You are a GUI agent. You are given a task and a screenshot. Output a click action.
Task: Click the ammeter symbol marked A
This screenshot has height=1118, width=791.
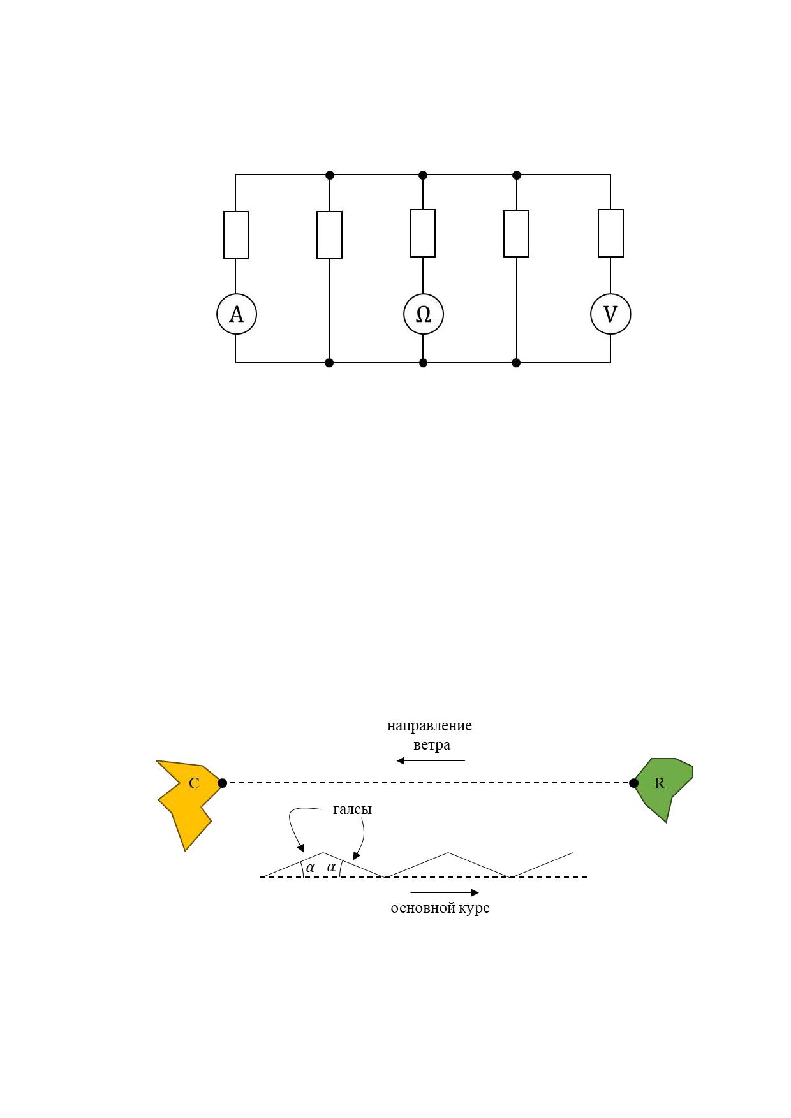point(236,314)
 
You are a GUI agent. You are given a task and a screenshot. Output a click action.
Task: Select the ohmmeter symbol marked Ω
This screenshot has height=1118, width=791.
point(423,314)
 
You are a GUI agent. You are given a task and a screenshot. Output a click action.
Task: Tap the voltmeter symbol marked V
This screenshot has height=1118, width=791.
point(610,314)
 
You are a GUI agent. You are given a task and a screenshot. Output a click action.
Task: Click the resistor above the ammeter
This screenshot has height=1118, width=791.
point(236,235)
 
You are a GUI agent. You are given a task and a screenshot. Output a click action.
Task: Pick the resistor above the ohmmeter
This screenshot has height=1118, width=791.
point(423,233)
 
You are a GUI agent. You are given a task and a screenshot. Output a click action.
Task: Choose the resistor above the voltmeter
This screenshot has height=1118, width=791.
point(610,233)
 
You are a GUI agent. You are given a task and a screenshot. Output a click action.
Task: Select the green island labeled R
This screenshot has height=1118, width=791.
point(663,788)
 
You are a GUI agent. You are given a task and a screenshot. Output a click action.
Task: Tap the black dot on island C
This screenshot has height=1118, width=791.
point(222,783)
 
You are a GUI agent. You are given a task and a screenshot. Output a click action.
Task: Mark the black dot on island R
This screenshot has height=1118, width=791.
point(633,783)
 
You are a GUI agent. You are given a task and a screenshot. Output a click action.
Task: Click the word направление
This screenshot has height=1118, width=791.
point(429,726)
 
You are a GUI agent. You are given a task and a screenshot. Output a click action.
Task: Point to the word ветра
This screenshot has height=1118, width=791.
point(432,745)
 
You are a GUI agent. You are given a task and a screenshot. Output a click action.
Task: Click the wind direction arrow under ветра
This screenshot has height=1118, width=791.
point(431,760)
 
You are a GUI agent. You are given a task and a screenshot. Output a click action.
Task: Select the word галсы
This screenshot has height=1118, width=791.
point(352,809)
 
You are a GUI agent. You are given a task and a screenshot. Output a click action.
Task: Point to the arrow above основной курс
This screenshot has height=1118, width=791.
point(444,892)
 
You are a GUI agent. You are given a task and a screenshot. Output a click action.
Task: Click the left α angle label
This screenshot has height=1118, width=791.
point(311,868)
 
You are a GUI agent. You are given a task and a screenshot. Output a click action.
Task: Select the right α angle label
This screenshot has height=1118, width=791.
point(331,867)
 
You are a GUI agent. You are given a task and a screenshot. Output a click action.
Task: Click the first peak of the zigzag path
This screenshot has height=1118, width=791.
point(323,853)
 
